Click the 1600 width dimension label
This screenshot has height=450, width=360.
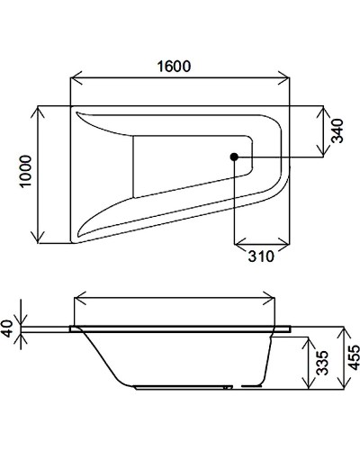coord(178,66)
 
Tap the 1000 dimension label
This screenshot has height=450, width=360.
coord(26,173)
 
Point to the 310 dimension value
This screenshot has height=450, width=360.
coord(260,256)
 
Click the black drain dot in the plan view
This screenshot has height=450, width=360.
coord(234,158)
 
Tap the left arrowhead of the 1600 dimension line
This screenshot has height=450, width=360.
coord(74,78)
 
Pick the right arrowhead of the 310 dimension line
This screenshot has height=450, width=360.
coord(287,243)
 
